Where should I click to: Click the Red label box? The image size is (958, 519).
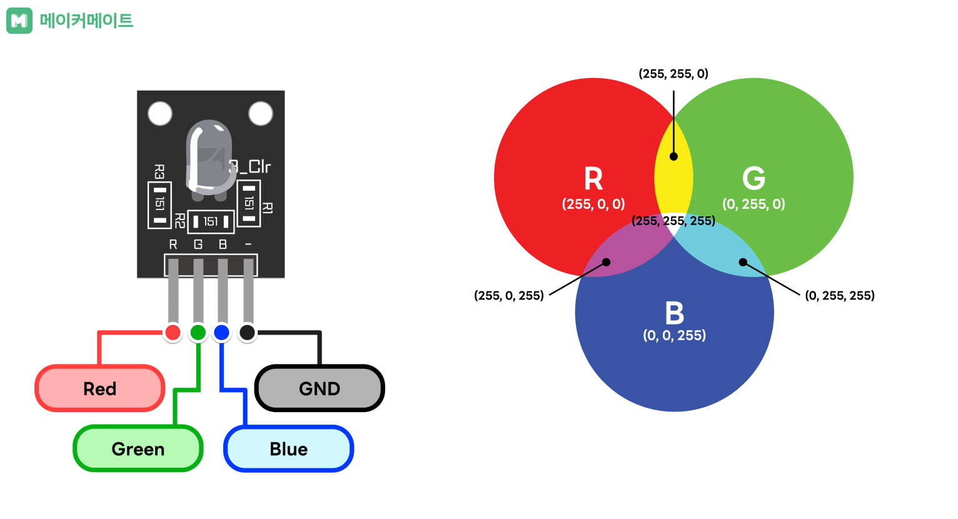coord(100,388)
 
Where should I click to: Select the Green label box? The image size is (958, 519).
coord(138,449)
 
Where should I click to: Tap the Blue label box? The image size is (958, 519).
coord(288,449)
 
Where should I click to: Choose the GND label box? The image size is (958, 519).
coord(320,388)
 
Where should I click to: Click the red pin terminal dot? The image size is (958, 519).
coord(173,332)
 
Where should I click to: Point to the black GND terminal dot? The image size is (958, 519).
coord(248,332)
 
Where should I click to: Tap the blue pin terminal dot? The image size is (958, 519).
coord(221,332)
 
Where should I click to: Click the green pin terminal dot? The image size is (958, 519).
coord(198,332)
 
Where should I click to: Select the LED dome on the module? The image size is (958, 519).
coord(210,156)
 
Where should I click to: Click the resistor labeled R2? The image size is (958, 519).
coord(211,221)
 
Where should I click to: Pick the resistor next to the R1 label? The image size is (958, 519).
coord(249,203)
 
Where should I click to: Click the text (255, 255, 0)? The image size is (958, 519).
coord(673,74)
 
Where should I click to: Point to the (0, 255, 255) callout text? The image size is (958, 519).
coord(840,296)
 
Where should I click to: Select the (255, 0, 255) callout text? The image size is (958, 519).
coord(509,296)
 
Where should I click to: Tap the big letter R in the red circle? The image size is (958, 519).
coord(593,179)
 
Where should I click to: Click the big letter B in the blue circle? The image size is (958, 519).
coord(675,313)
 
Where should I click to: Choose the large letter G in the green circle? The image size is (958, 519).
coord(754,179)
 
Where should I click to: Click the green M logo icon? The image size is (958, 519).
coord(19,21)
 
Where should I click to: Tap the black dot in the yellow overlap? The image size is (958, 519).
coord(673,156)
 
